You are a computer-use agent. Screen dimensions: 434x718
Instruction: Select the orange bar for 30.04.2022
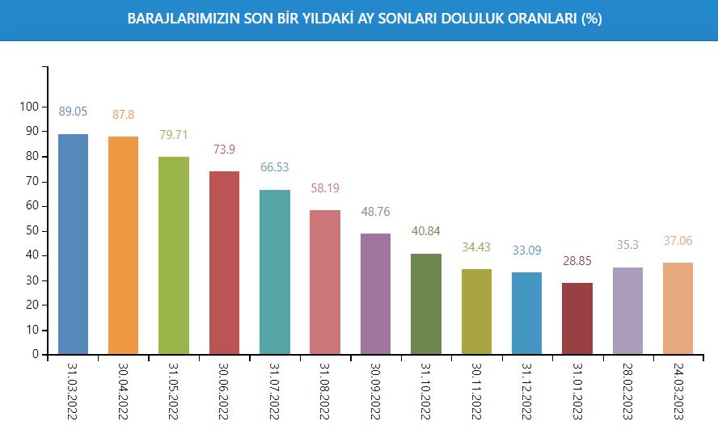(x=123, y=245)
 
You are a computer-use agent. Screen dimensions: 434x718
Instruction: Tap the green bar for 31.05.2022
(x=173, y=255)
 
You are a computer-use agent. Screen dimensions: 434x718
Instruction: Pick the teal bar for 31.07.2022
(x=274, y=272)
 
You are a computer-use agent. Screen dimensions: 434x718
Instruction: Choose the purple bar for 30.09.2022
(x=375, y=293)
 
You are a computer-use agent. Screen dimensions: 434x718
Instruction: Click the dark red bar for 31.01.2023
(x=577, y=318)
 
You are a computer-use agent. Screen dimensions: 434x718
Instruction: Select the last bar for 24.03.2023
(x=678, y=308)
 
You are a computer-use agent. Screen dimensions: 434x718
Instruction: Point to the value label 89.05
(x=73, y=112)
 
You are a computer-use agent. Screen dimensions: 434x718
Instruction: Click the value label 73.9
(x=224, y=150)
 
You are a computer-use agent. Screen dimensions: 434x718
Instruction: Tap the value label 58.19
(x=325, y=188)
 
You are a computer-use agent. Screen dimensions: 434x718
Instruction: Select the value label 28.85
(x=577, y=261)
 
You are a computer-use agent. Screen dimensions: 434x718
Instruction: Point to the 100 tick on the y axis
(x=29, y=106)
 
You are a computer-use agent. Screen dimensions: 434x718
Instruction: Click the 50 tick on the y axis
(x=32, y=230)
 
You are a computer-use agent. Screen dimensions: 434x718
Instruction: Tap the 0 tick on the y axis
(x=35, y=355)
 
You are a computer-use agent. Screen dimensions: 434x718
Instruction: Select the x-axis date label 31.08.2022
(x=325, y=391)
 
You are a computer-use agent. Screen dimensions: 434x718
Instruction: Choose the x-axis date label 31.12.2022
(x=526, y=391)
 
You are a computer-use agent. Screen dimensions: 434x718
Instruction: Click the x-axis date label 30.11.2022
(x=476, y=391)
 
